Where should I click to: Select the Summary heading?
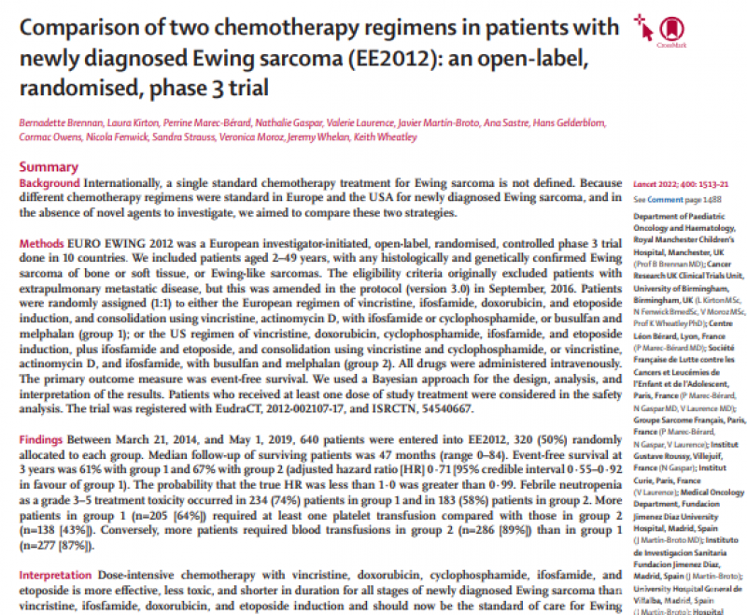(49, 166)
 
